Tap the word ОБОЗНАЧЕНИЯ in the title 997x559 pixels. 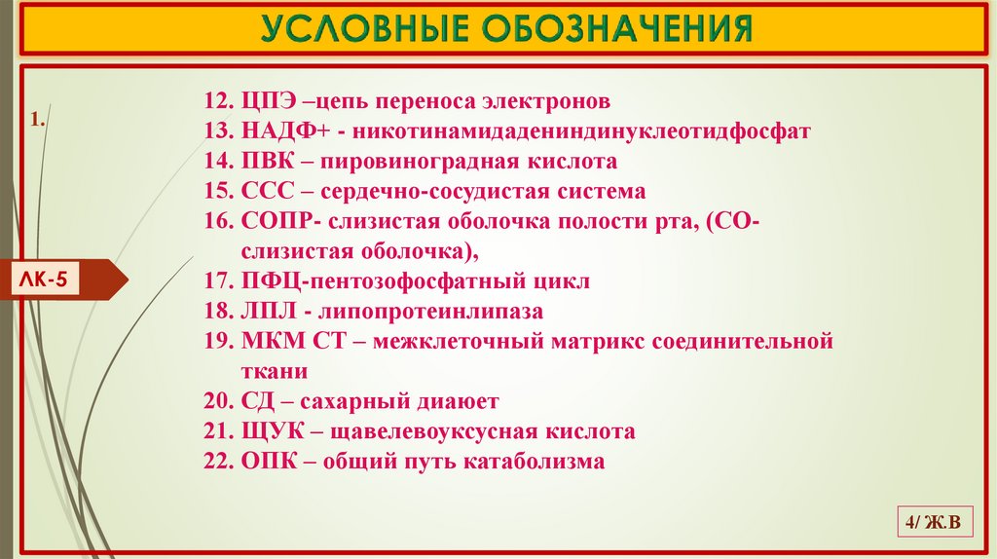point(618,29)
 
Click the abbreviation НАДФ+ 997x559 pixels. point(276,130)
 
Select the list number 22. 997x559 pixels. point(215,461)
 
